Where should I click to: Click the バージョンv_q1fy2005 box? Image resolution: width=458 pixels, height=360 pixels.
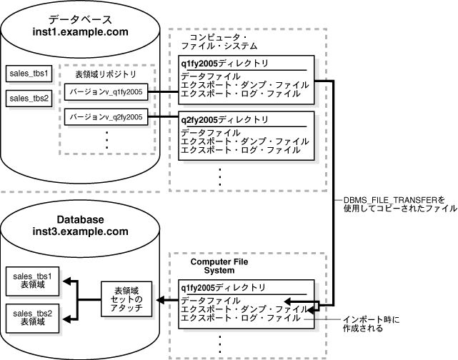click(105, 91)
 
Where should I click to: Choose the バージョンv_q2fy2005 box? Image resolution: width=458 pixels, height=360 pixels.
click(105, 116)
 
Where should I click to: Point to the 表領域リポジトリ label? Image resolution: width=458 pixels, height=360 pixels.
click(105, 74)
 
